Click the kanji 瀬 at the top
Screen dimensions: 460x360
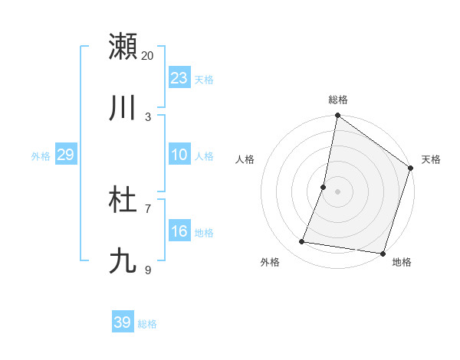coord(123,46)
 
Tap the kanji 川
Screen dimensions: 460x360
coord(123,108)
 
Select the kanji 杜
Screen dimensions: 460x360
coord(123,201)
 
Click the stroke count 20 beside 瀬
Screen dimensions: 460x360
coord(148,55)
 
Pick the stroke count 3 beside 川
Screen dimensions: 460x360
coord(148,116)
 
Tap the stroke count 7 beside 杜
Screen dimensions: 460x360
coord(148,209)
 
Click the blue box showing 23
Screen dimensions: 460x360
coord(179,78)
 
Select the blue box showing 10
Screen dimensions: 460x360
coord(179,155)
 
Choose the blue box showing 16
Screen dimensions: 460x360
coord(179,232)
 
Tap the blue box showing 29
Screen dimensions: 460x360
coord(65,155)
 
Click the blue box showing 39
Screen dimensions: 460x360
coord(123,322)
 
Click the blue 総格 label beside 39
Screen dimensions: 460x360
coord(147,324)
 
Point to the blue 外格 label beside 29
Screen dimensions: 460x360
coord(41,156)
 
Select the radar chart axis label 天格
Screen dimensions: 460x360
coord(431,159)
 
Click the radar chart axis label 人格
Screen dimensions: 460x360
coord(245,159)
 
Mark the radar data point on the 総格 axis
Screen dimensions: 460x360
coord(337,116)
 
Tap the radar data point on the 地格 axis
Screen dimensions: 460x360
coord(383,254)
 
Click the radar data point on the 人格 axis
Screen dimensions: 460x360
coord(324,187)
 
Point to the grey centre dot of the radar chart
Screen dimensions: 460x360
coord(337,191)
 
